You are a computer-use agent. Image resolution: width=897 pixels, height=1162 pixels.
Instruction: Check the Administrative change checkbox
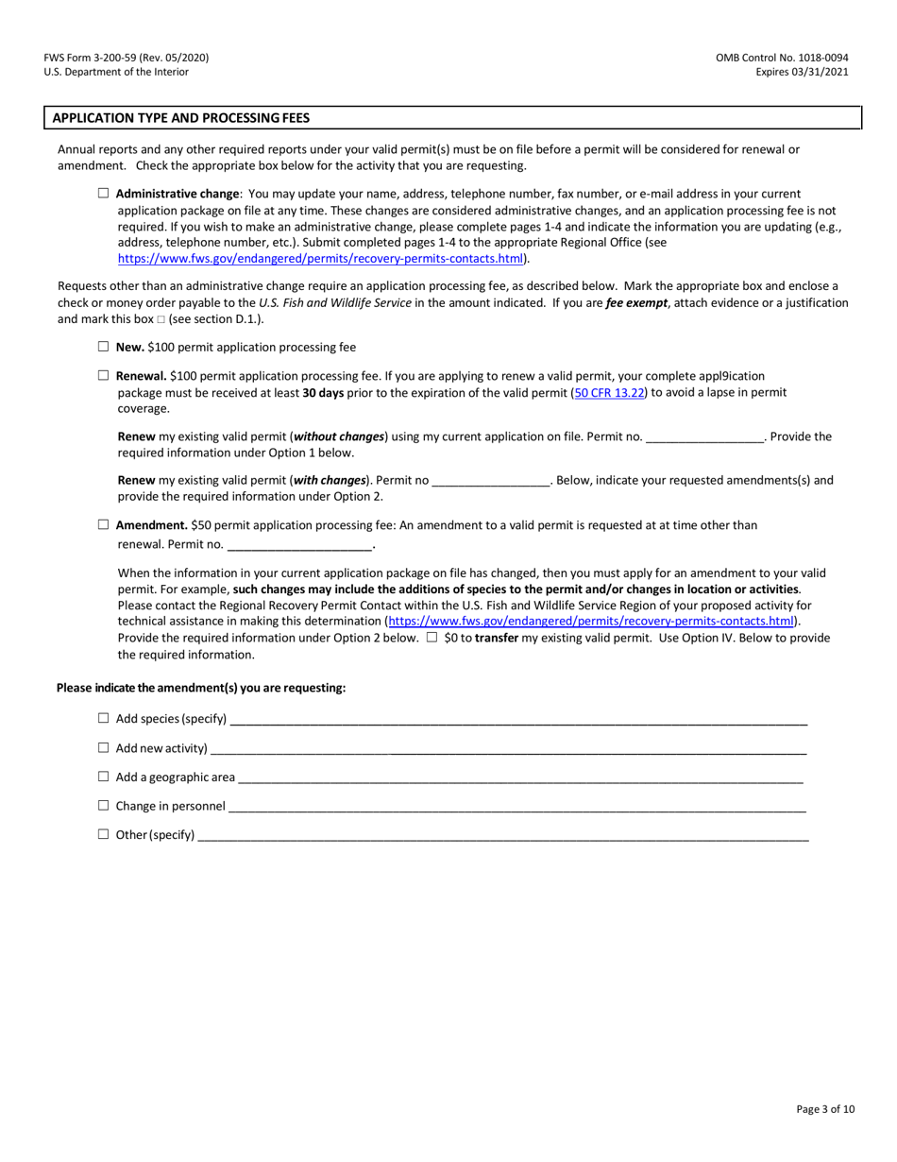point(104,193)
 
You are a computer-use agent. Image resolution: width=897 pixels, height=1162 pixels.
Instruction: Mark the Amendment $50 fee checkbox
point(104,524)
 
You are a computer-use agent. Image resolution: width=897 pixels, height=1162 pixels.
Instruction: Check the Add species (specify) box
point(104,718)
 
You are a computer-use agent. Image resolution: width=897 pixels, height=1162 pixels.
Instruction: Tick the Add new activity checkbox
point(104,747)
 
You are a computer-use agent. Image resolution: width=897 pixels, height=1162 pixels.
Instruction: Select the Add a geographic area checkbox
point(104,777)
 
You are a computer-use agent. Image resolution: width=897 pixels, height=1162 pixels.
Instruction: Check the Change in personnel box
point(104,806)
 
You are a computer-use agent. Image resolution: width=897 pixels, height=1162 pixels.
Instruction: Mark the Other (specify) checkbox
point(104,834)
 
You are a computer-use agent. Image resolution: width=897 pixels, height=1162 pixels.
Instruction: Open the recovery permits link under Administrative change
point(320,258)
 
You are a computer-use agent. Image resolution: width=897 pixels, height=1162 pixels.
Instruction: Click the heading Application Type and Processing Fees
point(180,118)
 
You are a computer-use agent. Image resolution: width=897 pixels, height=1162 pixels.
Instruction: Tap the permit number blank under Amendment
point(299,545)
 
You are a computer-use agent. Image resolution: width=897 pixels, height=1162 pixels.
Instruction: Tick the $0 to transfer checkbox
point(432,638)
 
